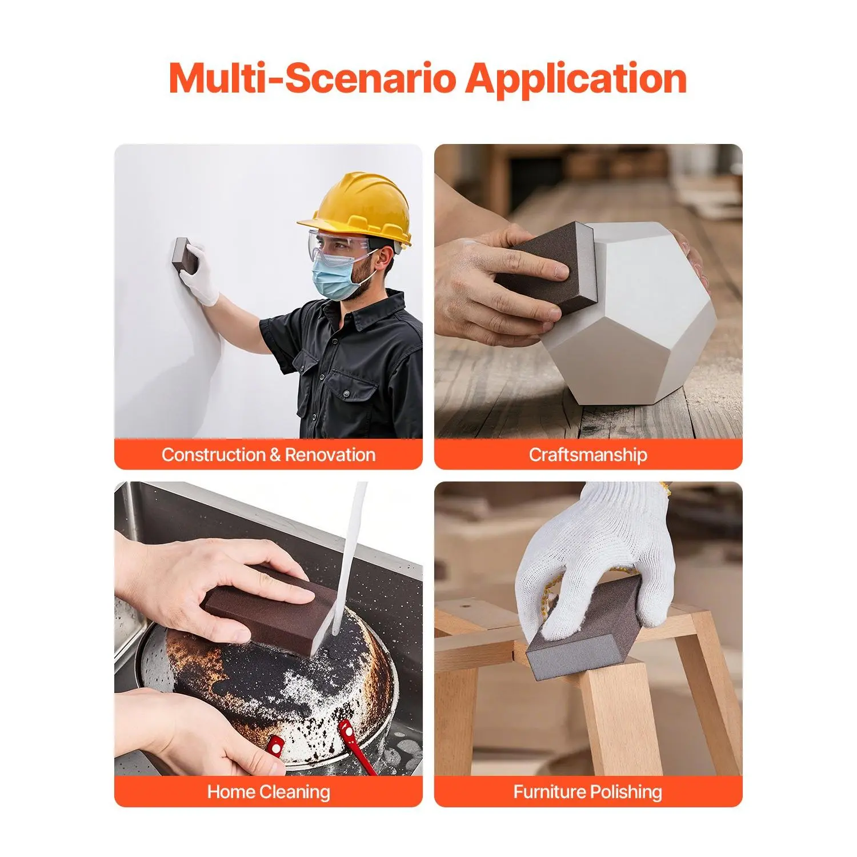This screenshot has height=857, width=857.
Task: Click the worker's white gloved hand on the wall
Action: [200, 274]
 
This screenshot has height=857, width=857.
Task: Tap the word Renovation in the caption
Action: [330, 455]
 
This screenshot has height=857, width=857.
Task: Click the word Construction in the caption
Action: [213, 455]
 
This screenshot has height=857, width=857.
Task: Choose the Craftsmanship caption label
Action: [588, 455]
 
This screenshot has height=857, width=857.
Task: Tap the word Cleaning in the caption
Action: [295, 792]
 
